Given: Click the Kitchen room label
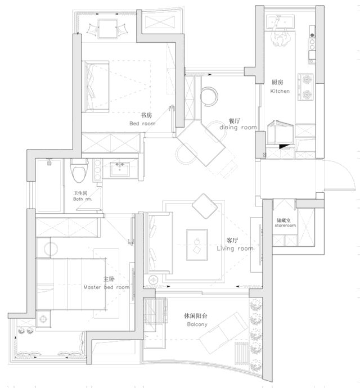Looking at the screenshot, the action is (280, 91).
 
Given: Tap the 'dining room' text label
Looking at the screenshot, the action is (238, 127).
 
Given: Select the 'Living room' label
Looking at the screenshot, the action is (235, 248).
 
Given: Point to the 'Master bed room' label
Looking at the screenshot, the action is (106, 287).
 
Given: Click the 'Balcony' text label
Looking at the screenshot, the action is (197, 324).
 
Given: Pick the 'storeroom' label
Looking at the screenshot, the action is (285, 225).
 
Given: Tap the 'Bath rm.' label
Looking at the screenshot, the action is (83, 199).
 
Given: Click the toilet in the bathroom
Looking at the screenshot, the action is (79, 170).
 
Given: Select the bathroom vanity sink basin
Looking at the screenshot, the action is (120, 169).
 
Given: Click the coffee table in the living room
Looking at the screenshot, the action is (197, 245).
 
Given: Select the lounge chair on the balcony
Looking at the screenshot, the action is (223, 332).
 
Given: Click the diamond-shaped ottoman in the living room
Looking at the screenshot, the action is (205, 206).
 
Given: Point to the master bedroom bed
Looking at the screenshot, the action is (70, 284).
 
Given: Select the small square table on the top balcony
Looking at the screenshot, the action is (107, 29).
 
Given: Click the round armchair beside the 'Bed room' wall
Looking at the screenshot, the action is (209, 96).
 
